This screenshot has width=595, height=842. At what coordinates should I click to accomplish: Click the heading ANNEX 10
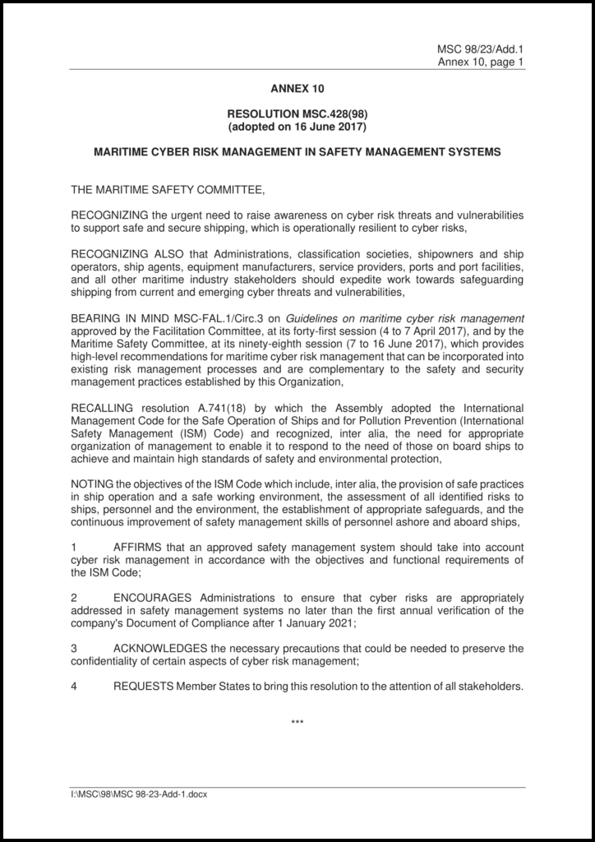[297, 88]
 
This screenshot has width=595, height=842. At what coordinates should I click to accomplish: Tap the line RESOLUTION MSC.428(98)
[297, 115]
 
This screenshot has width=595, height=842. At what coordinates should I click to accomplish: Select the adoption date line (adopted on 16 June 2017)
[297, 127]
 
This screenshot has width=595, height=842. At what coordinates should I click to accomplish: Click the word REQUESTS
[143, 687]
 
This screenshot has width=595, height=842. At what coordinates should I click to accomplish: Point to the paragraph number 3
[74, 649]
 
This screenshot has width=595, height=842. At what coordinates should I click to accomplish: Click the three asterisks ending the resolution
[297, 723]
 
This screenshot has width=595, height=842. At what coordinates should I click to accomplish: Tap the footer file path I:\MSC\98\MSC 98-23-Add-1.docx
[139, 797]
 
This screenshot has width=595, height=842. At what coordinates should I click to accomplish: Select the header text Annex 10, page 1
[481, 61]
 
